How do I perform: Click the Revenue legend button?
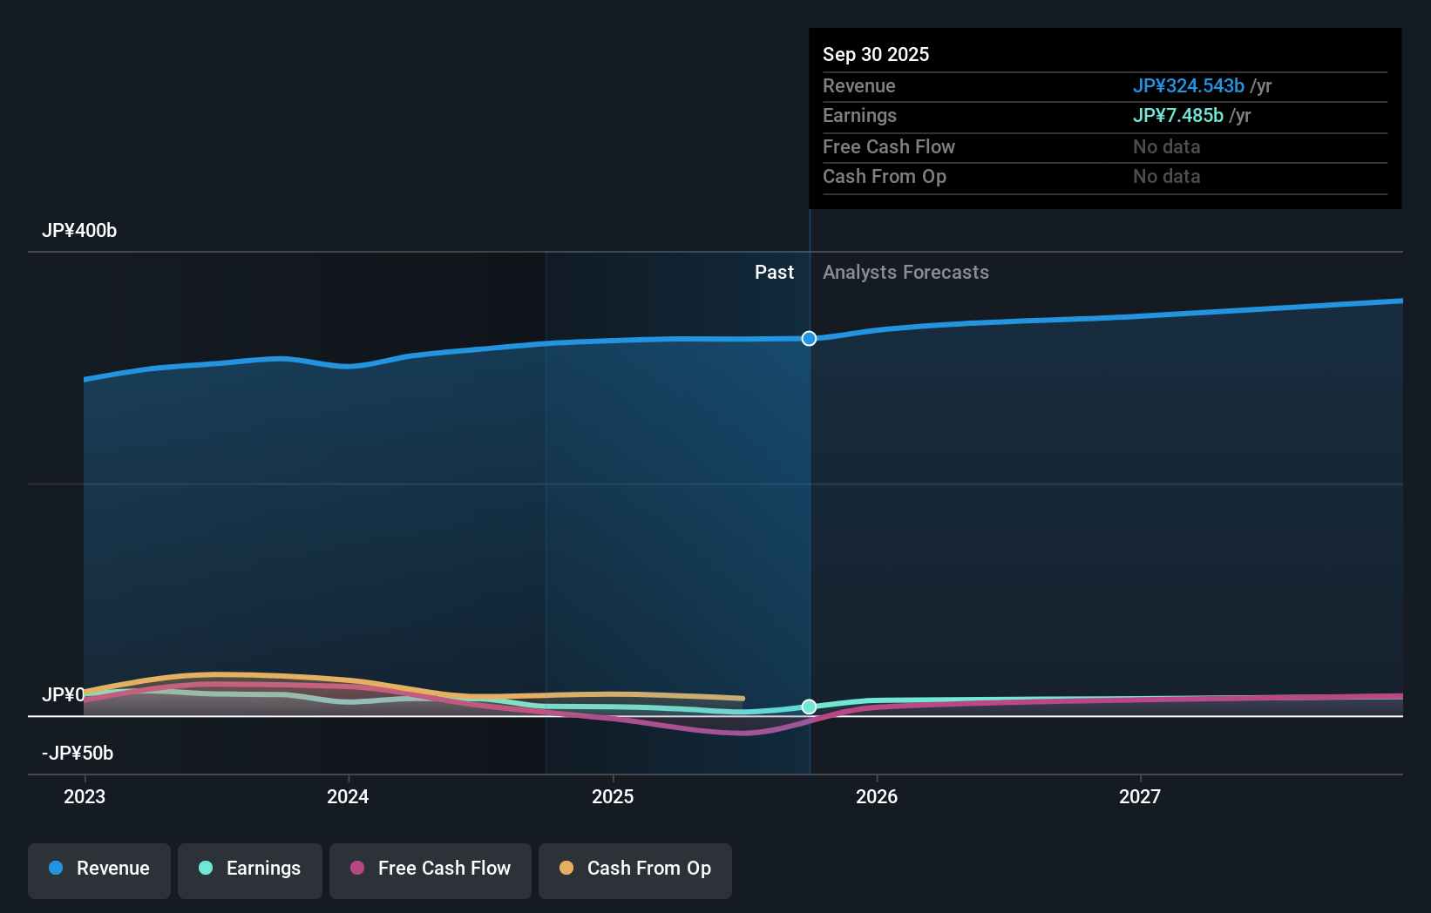click(99, 869)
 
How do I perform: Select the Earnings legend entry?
click(250, 869)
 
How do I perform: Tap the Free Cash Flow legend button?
click(431, 869)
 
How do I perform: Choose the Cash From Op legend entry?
click(635, 869)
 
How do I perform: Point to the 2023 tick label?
click(85, 796)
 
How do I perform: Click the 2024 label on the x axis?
click(348, 796)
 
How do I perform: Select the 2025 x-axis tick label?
click(613, 796)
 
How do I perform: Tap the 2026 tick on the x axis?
click(877, 796)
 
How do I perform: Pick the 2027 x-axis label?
click(1140, 796)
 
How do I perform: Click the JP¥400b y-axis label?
click(79, 231)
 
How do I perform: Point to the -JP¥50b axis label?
click(78, 754)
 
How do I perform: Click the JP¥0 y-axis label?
click(63, 695)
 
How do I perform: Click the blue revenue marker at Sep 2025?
click(809, 338)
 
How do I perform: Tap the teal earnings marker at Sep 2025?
click(809, 707)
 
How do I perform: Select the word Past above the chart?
click(774, 273)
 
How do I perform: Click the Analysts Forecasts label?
click(905, 273)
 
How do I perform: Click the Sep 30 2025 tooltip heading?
click(876, 55)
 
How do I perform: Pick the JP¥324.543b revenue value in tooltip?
click(1188, 86)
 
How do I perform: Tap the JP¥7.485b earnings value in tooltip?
click(1177, 116)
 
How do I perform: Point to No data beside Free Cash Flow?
click(1166, 147)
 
